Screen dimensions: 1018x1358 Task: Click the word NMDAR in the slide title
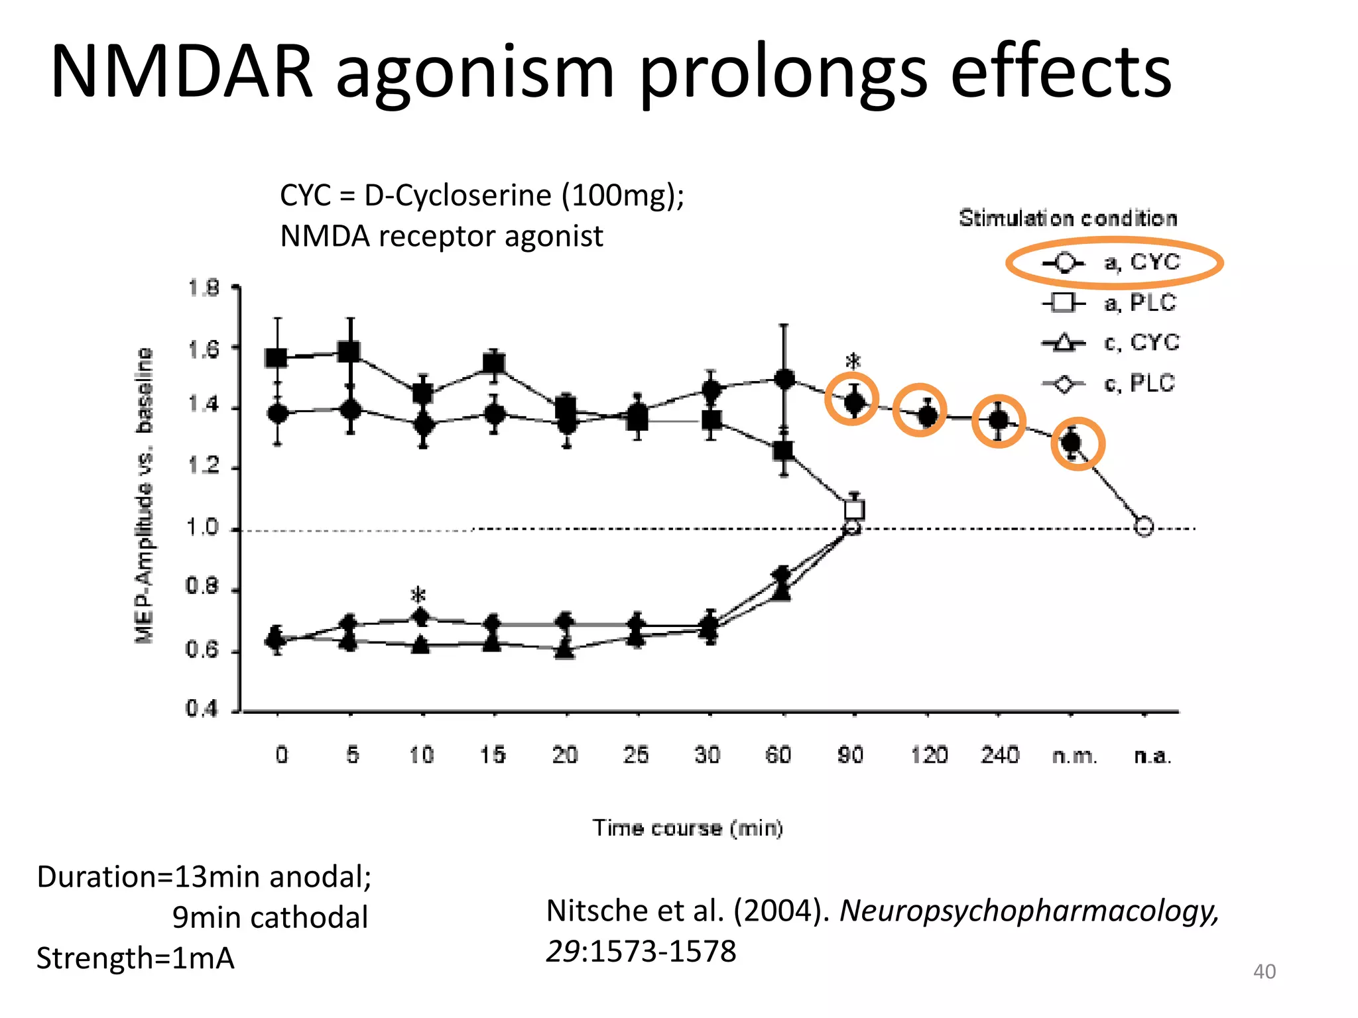[181, 72]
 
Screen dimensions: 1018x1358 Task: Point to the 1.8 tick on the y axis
[203, 288]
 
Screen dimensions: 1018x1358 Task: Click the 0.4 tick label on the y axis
[202, 709]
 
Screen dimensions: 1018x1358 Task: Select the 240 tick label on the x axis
[1000, 755]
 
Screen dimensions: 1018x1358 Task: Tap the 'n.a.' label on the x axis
[1152, 756]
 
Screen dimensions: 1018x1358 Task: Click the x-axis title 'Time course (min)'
[688, 828]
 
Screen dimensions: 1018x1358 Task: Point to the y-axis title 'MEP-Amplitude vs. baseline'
[144, 495]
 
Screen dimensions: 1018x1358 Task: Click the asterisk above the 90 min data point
[853, 363]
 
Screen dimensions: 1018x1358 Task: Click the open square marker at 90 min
[855, 510]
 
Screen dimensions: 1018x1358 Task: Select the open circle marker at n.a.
[1144, 527]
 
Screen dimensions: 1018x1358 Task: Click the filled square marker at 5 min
[349, 351]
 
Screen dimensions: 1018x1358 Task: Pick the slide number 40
[1264, 972]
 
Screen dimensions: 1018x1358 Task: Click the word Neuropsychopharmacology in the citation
[1029, 911]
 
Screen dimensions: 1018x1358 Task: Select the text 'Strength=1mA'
[135, 958]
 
